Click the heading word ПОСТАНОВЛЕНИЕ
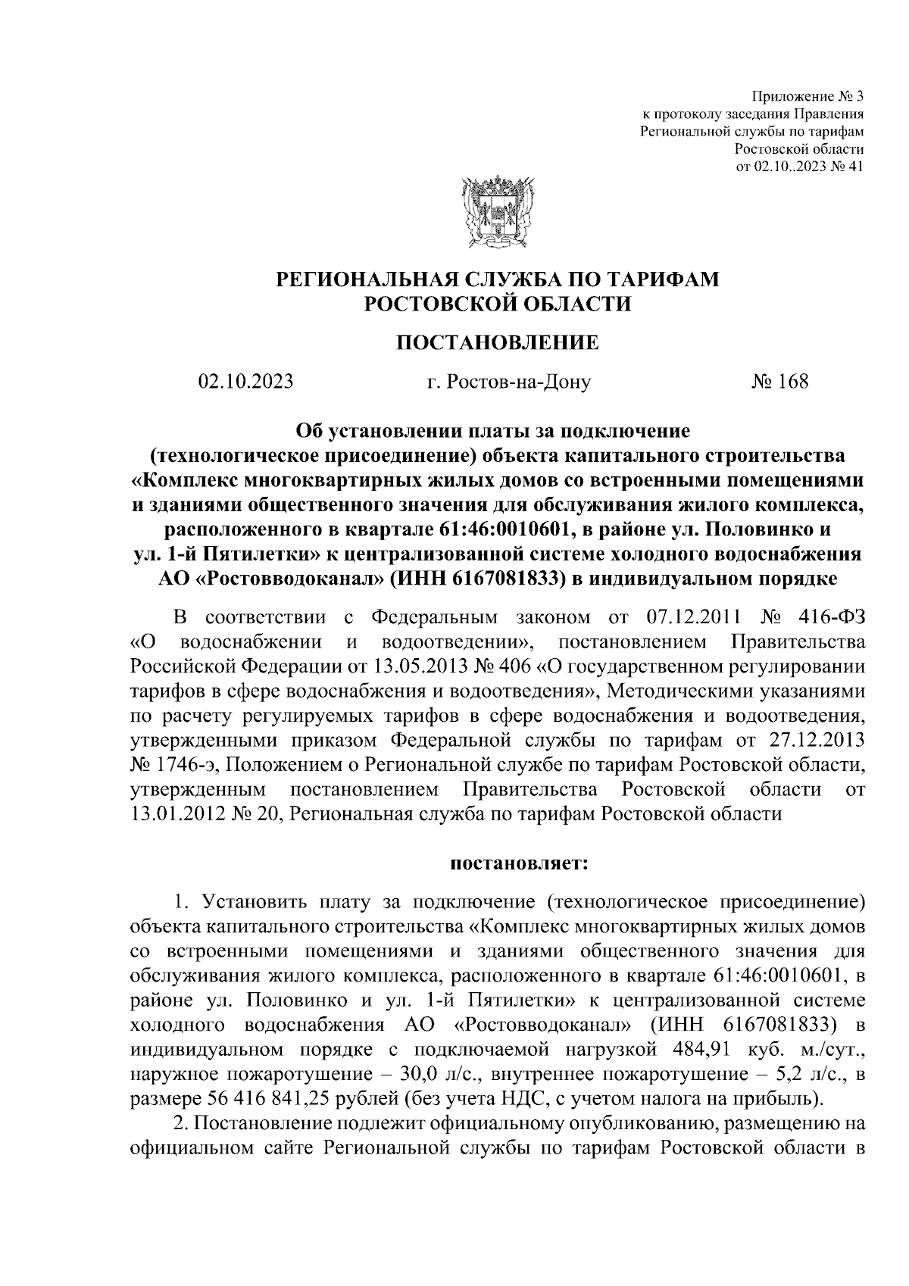pos(497,342)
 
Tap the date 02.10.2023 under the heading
pos(245,381)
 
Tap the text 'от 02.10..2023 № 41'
pos(800,166)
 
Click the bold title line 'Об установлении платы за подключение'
pos(497,431)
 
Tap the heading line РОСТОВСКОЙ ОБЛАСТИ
pos(497,304)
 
